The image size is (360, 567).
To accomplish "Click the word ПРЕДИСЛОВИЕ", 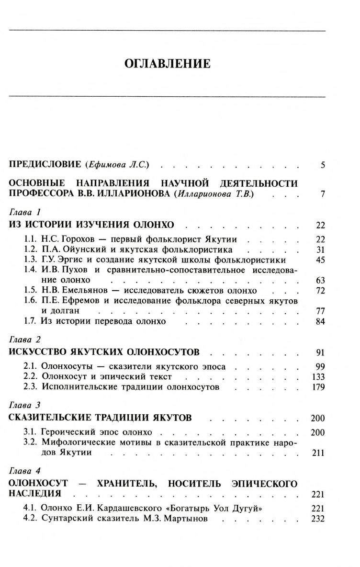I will (45, 165).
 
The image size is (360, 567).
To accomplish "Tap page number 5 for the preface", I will (323, 166).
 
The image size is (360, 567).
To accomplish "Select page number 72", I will (321, 291).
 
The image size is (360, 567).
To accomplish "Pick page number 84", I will (321, 321).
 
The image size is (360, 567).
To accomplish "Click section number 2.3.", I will (31, 387).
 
